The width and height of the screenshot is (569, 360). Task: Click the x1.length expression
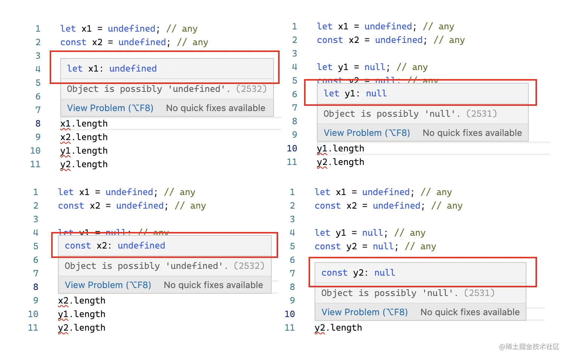pos(84,124)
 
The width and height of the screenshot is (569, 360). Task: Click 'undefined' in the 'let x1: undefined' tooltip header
pos(133,69)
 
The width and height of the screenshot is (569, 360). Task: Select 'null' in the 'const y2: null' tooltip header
pos(385,273)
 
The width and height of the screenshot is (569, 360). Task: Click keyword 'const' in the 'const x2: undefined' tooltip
pos(78,246)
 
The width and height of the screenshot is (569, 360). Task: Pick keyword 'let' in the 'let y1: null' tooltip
pos(331,93)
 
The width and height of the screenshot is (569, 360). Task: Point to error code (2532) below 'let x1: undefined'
pos(251,89)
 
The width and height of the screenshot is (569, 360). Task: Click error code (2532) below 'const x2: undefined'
pos(249,266)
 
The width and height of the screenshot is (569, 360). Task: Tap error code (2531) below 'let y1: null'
pos(481,114)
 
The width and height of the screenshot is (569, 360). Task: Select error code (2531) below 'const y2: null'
pos(479,293)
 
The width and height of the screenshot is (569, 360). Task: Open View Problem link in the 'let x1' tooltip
pos(110,108)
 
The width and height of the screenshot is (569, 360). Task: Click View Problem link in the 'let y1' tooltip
pos(367,133)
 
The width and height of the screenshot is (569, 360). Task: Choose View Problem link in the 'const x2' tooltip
pos(108,285)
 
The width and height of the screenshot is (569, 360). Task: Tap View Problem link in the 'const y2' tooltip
pos(365,312)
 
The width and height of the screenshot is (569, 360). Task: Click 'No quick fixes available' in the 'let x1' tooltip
pos(216,108)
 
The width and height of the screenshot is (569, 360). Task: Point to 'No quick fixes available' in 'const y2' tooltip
pos(470,312)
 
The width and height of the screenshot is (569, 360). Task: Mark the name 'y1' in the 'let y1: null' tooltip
pos(350,93)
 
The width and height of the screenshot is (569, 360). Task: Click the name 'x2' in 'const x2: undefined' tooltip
pos(102,246)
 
